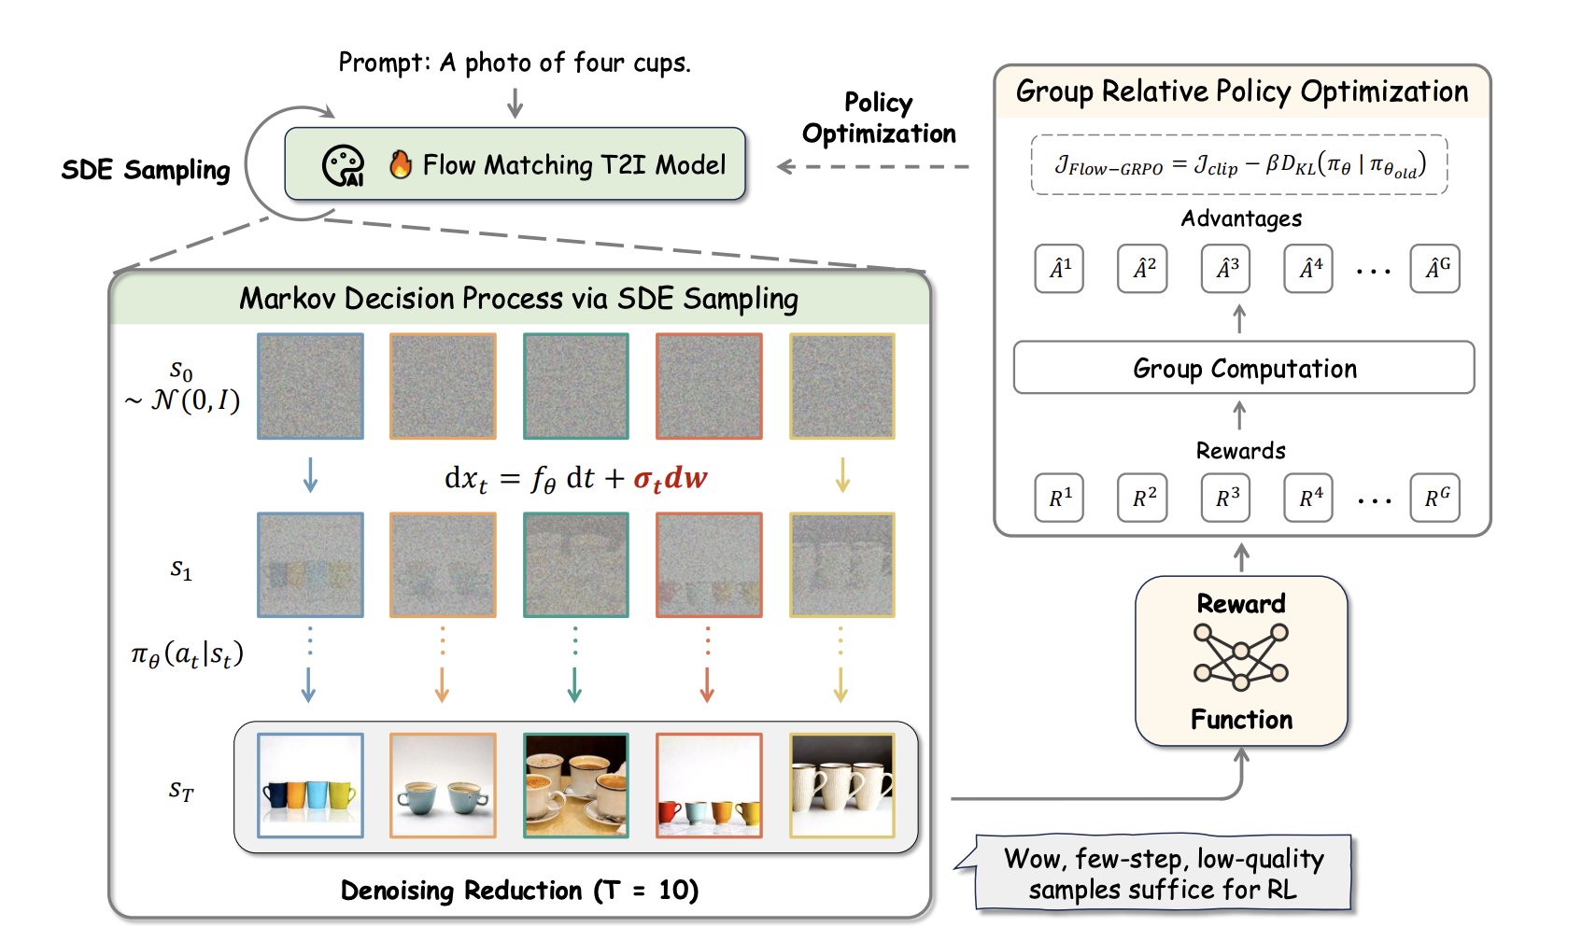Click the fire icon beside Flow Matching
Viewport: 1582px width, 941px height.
pos(401,164)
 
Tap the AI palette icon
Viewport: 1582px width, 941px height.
pos(343,166)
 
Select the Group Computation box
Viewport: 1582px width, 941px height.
pos(1244,368)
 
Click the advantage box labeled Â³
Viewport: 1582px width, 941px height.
pos(1226,269)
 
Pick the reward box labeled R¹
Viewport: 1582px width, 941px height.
pos(1060,498)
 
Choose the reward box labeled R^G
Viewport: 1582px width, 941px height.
pos(1435,498)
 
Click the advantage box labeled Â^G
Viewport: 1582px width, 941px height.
pos(1435,269)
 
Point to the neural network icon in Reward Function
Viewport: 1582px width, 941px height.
pos(1241,657)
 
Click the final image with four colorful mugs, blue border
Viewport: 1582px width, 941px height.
pos(310,785)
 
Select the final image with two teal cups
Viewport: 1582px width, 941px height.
pos(443,785)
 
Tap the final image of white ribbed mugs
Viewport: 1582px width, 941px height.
pos(842,785)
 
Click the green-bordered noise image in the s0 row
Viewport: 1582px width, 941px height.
pos(576,386)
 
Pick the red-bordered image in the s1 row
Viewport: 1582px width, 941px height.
pos(709,565)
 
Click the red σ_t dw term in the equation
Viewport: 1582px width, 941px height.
pos(670,479)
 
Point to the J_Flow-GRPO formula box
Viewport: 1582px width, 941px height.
pos(1239,165)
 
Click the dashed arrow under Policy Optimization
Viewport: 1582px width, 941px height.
pos(873,167)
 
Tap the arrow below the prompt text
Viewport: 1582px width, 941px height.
pos(515,103)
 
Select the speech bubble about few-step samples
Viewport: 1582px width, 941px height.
pos(1163,874)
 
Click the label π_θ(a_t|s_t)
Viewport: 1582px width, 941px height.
pos(187,654)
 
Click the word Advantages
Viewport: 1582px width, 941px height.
pos(1241,218)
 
